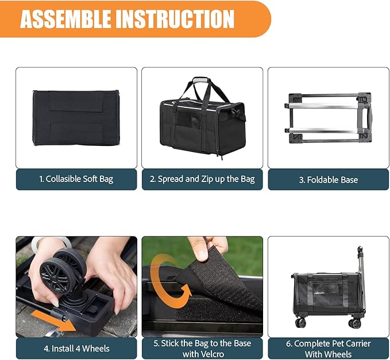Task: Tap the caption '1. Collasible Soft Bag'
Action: pos(76,179)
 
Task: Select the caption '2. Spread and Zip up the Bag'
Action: pos(202,179)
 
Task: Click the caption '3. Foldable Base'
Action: pos(328,180)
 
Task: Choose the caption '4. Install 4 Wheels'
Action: pos(76,348)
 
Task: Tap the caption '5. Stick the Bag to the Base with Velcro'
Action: pos(202,348)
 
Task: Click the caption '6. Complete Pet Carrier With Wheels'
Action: pos(329,348)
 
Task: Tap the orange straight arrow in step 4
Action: pos(55,319)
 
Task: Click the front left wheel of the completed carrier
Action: pos(300,322)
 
